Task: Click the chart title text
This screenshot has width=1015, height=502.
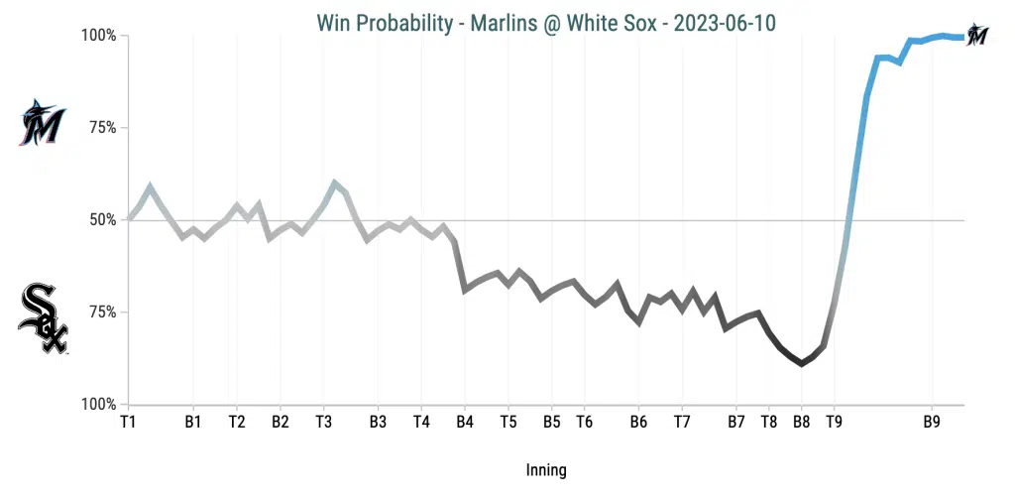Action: [x=546, y=22]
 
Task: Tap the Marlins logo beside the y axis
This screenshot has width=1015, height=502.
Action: [x=42, y=124]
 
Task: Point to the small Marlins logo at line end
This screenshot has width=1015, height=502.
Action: [x=978, y=34]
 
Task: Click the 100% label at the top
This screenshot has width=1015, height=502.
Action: [x=98, y=36]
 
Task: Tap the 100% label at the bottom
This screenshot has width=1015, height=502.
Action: [x=98, y=404]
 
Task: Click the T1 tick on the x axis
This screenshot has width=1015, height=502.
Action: [x=128, y=422]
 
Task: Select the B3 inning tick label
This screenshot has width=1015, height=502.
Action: [x=378, y=422]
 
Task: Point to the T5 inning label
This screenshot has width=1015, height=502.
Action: [x=507, y=422]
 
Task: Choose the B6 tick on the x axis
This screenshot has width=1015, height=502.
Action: [x=638, y=422]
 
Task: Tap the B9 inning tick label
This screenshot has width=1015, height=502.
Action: [x=932, y=422]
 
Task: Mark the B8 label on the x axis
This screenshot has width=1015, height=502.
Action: [x=801, y=422]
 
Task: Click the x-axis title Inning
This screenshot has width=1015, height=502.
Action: [x=546, y=470]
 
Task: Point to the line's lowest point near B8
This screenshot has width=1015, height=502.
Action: [x=801, y=364]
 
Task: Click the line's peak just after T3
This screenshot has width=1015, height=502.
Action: [x=334, y=183]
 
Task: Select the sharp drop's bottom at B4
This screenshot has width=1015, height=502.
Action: [x=464, y=290]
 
